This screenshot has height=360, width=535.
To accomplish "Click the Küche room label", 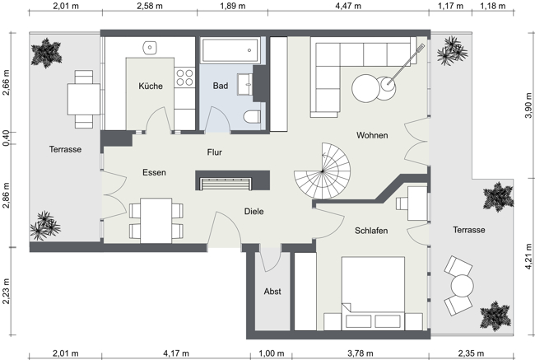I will point(151,86).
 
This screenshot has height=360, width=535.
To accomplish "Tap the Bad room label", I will point(220,86).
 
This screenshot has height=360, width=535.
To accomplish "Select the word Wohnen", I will point(372,135).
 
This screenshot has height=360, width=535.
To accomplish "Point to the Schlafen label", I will point(372,231).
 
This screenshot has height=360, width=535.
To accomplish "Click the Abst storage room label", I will point(272,292).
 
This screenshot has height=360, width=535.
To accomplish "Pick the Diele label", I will point(254,212).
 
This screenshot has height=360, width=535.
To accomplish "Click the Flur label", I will point(215,152).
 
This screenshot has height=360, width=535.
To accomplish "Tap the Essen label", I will point(154,173).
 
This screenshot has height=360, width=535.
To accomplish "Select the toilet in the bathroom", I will point(250,118).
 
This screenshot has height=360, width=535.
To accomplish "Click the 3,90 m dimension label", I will point(528,106).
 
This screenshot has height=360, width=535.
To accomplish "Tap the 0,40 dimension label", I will point(7,138).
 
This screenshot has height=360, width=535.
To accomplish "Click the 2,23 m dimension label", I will point(7,292).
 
